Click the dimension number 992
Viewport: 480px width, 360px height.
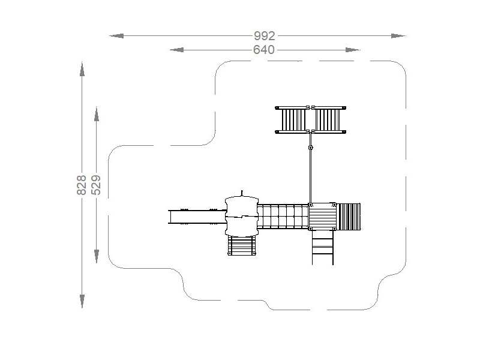[265, 36]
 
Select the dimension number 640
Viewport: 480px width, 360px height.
[264, 50]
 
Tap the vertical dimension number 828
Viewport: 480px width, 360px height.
[82, 185]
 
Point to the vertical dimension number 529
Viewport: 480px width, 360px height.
[96, 185]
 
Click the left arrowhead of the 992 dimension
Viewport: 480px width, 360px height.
[116, 36]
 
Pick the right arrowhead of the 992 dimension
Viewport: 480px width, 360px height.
[398, 36]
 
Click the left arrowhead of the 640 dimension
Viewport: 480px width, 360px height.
[176, 50]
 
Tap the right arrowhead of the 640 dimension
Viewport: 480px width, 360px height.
[353, 50]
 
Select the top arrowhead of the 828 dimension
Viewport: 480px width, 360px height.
[82, 69]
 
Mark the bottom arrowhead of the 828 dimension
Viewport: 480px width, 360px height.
[82, 301]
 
